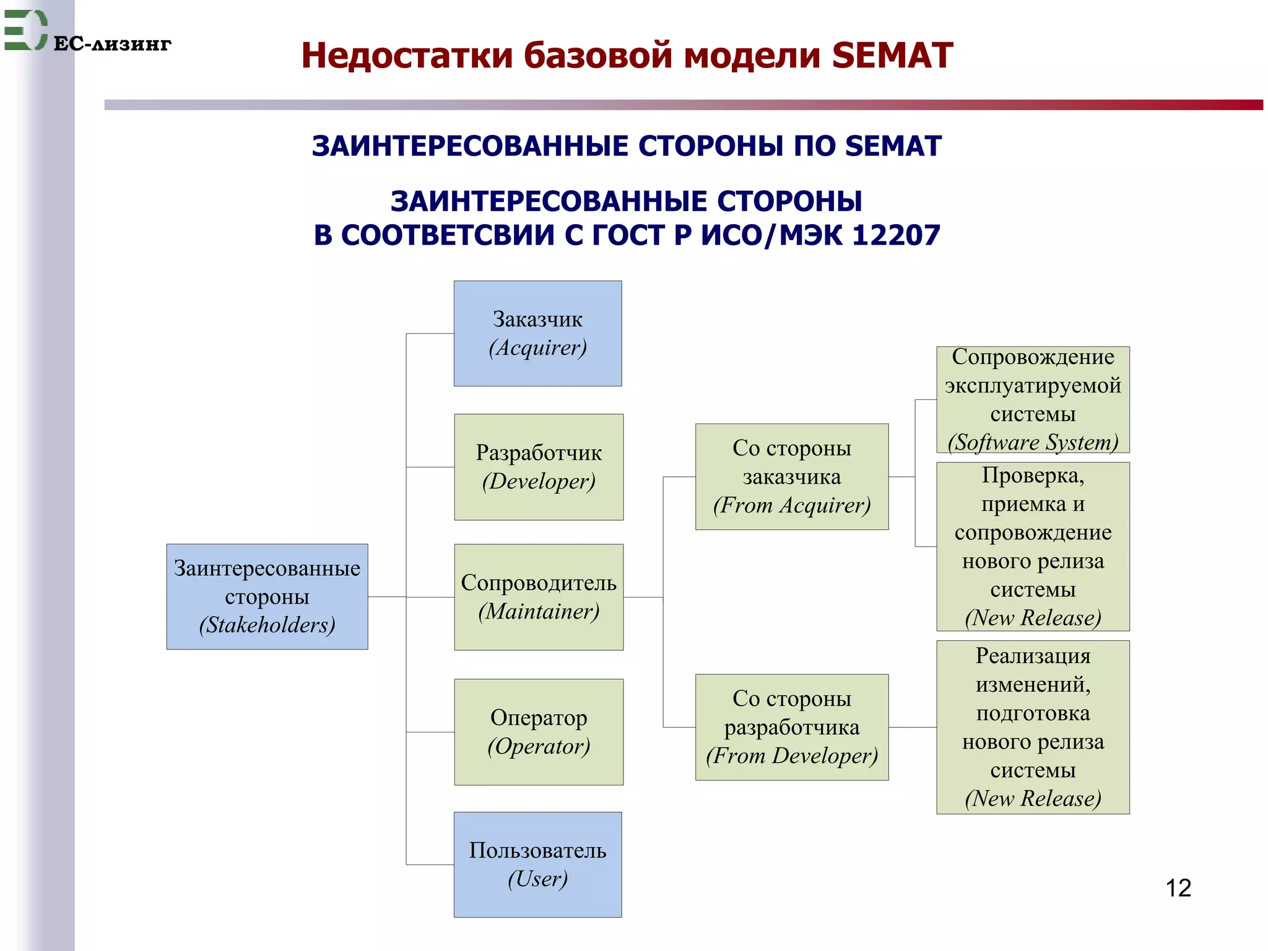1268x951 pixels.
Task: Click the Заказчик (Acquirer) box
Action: pos(537,334)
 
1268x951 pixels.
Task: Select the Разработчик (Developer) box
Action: pos(539,467)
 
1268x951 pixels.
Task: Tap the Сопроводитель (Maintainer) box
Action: pos(539,597)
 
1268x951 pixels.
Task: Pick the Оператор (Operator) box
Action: pos(539,732)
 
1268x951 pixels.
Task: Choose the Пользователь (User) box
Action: pos(537,864)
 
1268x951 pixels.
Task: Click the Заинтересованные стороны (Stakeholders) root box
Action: pos(267,596)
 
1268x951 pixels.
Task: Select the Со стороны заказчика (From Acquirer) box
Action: pos(791,476)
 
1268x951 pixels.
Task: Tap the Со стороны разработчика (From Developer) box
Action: pos(791,727)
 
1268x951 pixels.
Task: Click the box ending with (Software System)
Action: pos(1033,399)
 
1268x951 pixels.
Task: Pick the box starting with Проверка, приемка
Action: pos(1033,546)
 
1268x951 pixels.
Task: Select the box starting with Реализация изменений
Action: pos(1033,727)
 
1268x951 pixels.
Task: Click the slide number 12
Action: pos(1178,888)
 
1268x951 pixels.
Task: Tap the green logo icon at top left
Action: pos(25,30)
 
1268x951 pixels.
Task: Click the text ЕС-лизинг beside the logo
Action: pos(112,44)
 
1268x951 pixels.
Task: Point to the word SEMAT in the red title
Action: pos(892,56)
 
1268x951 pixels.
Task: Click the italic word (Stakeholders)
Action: pos(267,625)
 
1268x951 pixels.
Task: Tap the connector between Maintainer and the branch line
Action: pos(643,597)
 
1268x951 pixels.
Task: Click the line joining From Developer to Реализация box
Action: pos(912,727)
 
